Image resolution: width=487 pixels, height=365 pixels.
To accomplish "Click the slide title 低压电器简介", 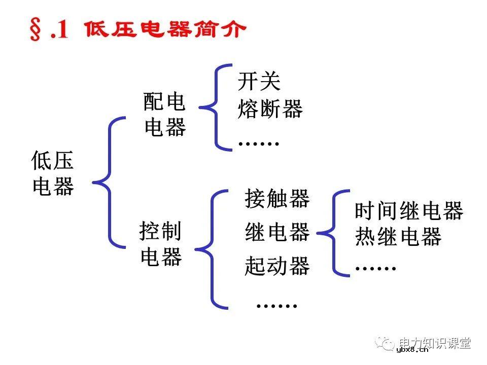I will tap(165, 30).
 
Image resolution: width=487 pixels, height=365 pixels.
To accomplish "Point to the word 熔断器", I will tap(270, 108).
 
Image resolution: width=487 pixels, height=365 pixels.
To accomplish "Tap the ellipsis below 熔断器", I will tap(259, 143).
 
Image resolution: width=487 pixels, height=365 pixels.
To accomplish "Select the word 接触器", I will tap(277, 198).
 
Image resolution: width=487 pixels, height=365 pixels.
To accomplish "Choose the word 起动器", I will tap(277, 266).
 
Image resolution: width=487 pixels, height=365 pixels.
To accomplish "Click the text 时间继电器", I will tap(409, 211).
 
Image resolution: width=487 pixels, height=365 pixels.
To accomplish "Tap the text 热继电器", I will tap(398, 237).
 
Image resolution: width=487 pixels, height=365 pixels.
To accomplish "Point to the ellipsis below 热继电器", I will tap(375, 268).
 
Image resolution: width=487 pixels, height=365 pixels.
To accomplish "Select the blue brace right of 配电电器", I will tap(213, 107).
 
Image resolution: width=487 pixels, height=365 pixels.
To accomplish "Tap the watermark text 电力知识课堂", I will tap(435, 343).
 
